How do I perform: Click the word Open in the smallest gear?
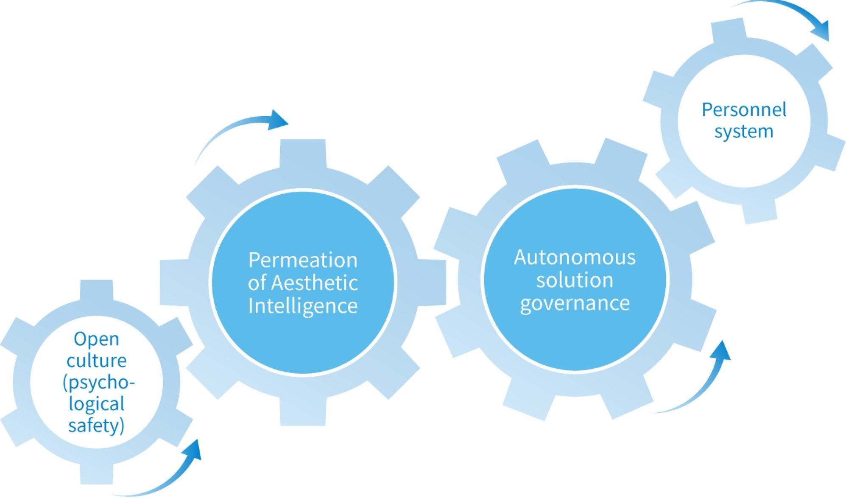96,339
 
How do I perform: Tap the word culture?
96,361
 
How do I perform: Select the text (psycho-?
98,383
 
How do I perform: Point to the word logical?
96,404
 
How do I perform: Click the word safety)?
96,425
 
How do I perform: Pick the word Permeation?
303,260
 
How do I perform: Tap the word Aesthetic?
314,283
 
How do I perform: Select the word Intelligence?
303,306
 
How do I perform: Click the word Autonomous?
575,257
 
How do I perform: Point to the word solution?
575,280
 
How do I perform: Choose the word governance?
575,303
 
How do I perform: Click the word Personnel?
744,110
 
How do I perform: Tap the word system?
744,131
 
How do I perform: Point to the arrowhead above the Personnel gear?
821,31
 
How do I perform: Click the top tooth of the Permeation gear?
303,153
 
